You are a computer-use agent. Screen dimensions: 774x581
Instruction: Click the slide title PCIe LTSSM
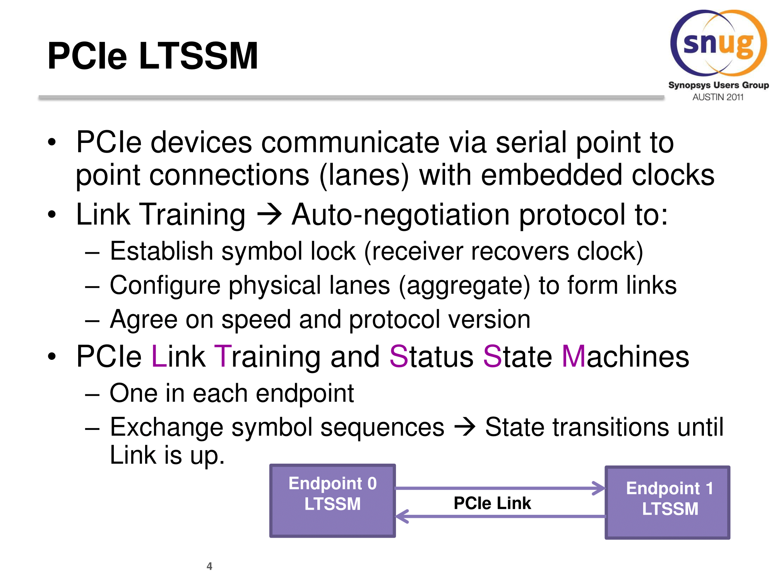[152, 56]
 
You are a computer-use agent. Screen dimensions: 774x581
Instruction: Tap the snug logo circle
[718, 43]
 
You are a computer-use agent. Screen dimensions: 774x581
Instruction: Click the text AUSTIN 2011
[718, 97]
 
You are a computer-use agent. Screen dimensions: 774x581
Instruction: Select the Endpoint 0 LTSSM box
[332, 500]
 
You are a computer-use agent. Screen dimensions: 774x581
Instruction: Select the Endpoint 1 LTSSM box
[667, 502]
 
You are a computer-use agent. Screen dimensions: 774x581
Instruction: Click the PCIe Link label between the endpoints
[492, 503]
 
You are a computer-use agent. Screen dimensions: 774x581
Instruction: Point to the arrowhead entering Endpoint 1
[599, 488]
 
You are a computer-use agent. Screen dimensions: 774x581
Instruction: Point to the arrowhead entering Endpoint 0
[402, 516]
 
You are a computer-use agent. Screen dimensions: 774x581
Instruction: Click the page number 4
[209, 566]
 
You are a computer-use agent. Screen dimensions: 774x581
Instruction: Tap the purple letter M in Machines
[574, 356]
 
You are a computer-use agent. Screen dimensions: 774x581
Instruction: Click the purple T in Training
[223, 356]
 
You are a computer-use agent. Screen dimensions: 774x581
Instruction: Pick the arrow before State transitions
[464, 427]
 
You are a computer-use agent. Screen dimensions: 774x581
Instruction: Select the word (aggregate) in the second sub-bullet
[464, 286]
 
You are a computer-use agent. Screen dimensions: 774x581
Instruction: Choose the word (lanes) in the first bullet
[364, 175]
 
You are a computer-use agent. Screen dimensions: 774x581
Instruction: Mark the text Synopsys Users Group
[718, 85]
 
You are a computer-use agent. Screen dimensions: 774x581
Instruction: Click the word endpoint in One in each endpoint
[305, 394]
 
